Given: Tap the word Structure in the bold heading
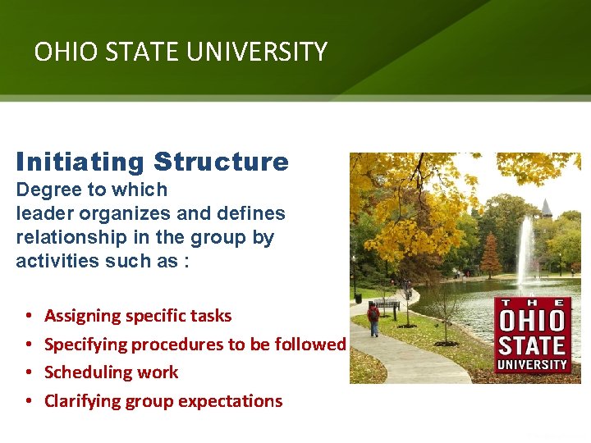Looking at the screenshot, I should pos(221,162).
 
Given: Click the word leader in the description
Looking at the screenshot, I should pos(43,213).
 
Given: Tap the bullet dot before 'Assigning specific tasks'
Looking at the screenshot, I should pos(28,316).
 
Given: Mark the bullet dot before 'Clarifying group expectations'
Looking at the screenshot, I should pos(28,401).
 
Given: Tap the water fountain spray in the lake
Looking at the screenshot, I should pos(525,250).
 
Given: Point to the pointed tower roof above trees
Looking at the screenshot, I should pos(547,207).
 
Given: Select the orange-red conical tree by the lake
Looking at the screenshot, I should pos(491,255).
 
